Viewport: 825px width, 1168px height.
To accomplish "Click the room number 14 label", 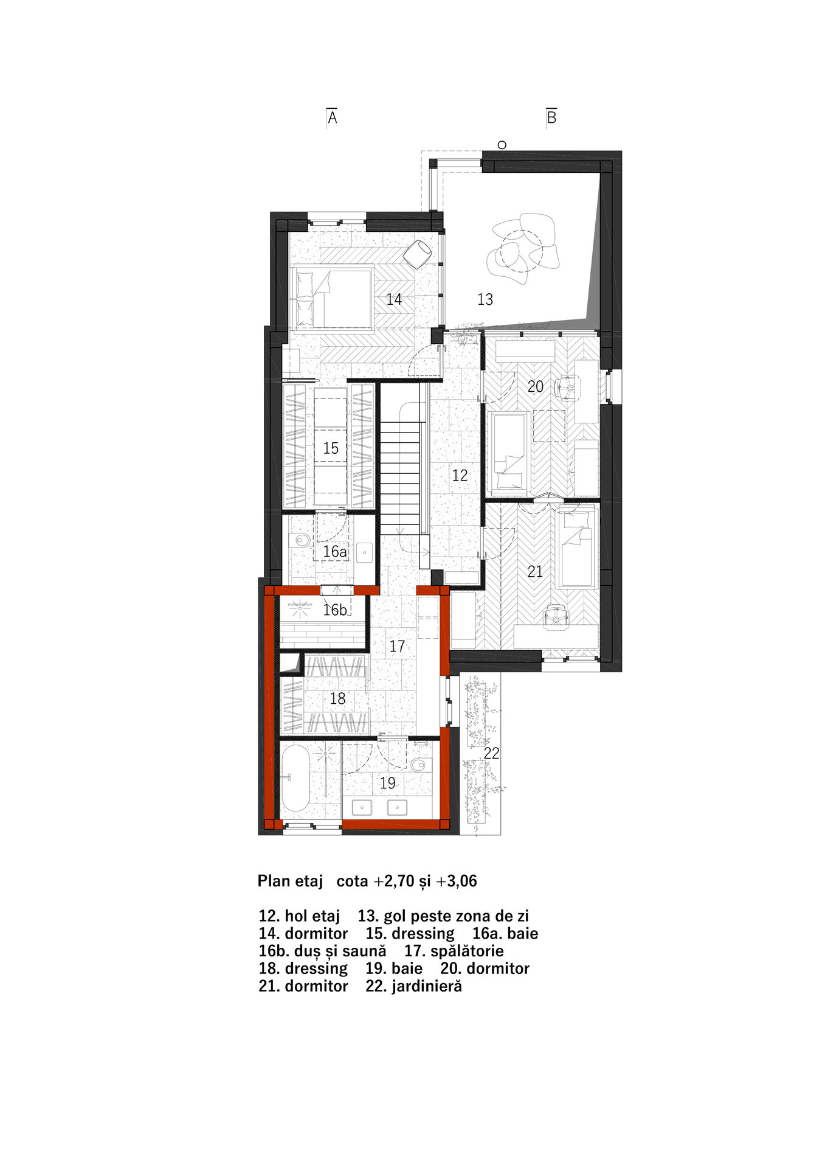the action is (x=394, y=299).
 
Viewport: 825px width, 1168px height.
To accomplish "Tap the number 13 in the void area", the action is (x=485, y=299).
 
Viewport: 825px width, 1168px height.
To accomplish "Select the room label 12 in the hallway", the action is (x=460, y=475).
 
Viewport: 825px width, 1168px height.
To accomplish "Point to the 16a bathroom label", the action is (x=335, y=552).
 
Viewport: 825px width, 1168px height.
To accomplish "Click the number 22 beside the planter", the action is (x=491, y=753).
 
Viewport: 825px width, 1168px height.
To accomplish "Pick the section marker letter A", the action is (x=332, y=117).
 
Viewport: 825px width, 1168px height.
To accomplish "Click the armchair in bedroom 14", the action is (x=417, y=254).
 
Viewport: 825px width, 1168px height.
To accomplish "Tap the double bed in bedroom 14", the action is (x=333, y=299).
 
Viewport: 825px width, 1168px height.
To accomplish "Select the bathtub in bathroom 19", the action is (x=295, y=778).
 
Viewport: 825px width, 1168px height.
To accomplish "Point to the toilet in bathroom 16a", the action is (x=299, y=540).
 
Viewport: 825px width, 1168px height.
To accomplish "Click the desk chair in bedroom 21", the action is (x=554, y=616).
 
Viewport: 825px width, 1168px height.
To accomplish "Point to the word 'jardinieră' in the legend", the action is (x=427, y=985).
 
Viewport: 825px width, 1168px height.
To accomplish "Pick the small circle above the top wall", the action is (x=502, y=145).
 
